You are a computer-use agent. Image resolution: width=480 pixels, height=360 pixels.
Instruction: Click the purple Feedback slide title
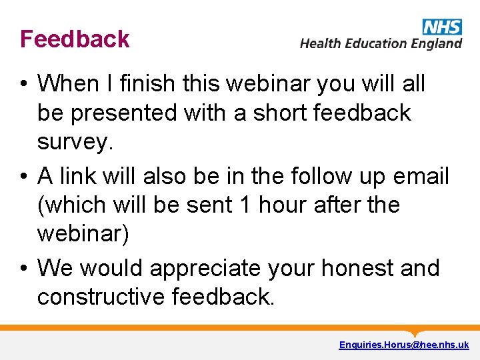point(75,39)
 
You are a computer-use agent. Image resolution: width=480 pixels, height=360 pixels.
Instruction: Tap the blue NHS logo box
point(442,27)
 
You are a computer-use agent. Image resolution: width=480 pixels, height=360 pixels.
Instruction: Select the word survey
point(72,142)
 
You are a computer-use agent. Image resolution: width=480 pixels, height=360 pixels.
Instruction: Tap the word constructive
point(100,297)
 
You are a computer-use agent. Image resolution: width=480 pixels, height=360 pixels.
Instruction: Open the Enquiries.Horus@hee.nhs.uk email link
point(403,345)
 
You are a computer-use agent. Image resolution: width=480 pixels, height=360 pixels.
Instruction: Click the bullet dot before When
point(23,85)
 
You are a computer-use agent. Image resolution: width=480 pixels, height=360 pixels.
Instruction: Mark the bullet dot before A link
point(23,177)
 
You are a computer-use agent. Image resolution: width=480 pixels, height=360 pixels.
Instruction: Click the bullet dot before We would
point(23,269)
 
